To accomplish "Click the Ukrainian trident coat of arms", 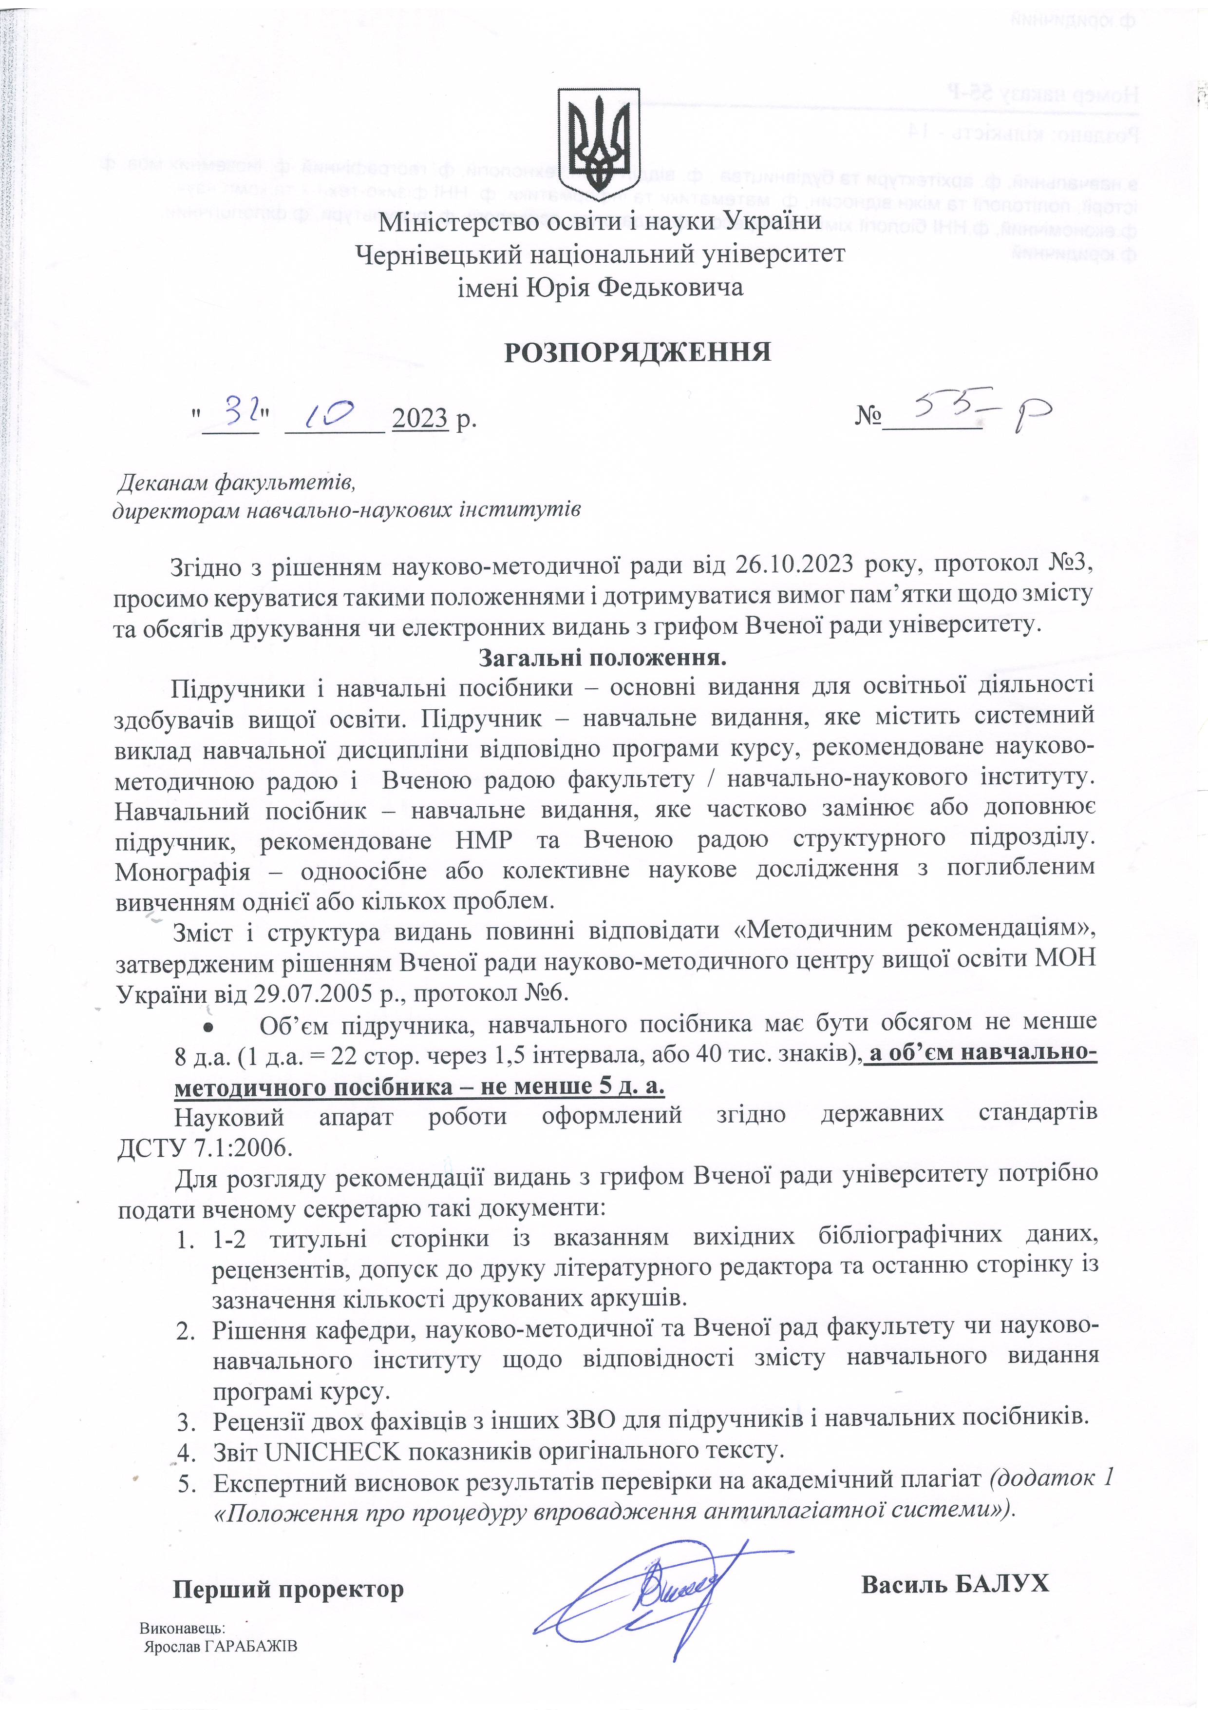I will point(599,139).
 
